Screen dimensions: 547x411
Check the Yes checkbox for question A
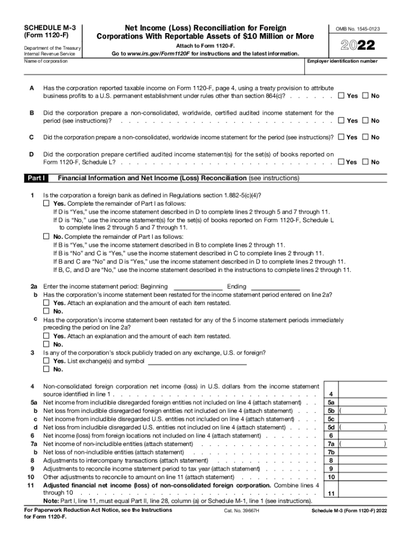(x=341, y=96)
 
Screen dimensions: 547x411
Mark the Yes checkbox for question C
(x=341, y=137)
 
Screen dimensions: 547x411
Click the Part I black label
(x=36, y=178)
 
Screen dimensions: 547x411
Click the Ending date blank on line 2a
(x=275, y=287)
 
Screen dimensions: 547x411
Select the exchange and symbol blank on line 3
(x=197, y=361)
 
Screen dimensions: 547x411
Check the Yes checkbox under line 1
(x=46, y=204)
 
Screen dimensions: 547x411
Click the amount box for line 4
(x=363, y=394)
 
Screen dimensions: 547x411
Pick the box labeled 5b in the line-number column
(x=331, y=411)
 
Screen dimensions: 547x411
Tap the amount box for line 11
(x=363, y=493)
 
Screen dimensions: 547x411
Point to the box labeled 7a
(x=331, y=444)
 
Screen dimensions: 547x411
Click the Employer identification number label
(x=342, y=61)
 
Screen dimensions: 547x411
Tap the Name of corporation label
(x=46, y=61)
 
